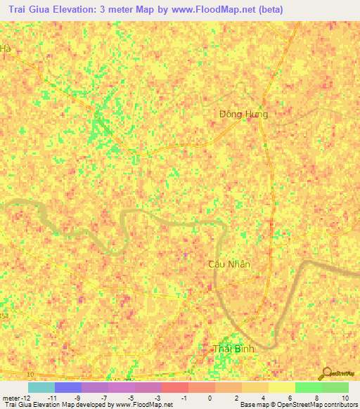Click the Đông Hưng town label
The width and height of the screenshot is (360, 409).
243,113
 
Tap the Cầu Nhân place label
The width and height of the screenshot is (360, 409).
229,264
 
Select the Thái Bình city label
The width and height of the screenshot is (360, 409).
233,349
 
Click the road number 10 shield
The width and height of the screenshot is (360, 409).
30,373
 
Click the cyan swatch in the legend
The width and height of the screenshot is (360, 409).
41,387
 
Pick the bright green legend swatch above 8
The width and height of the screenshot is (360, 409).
308,387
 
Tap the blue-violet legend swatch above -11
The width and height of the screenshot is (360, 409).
67,387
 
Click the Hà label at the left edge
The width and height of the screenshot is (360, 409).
6,48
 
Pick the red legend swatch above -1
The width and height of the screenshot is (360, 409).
174,387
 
